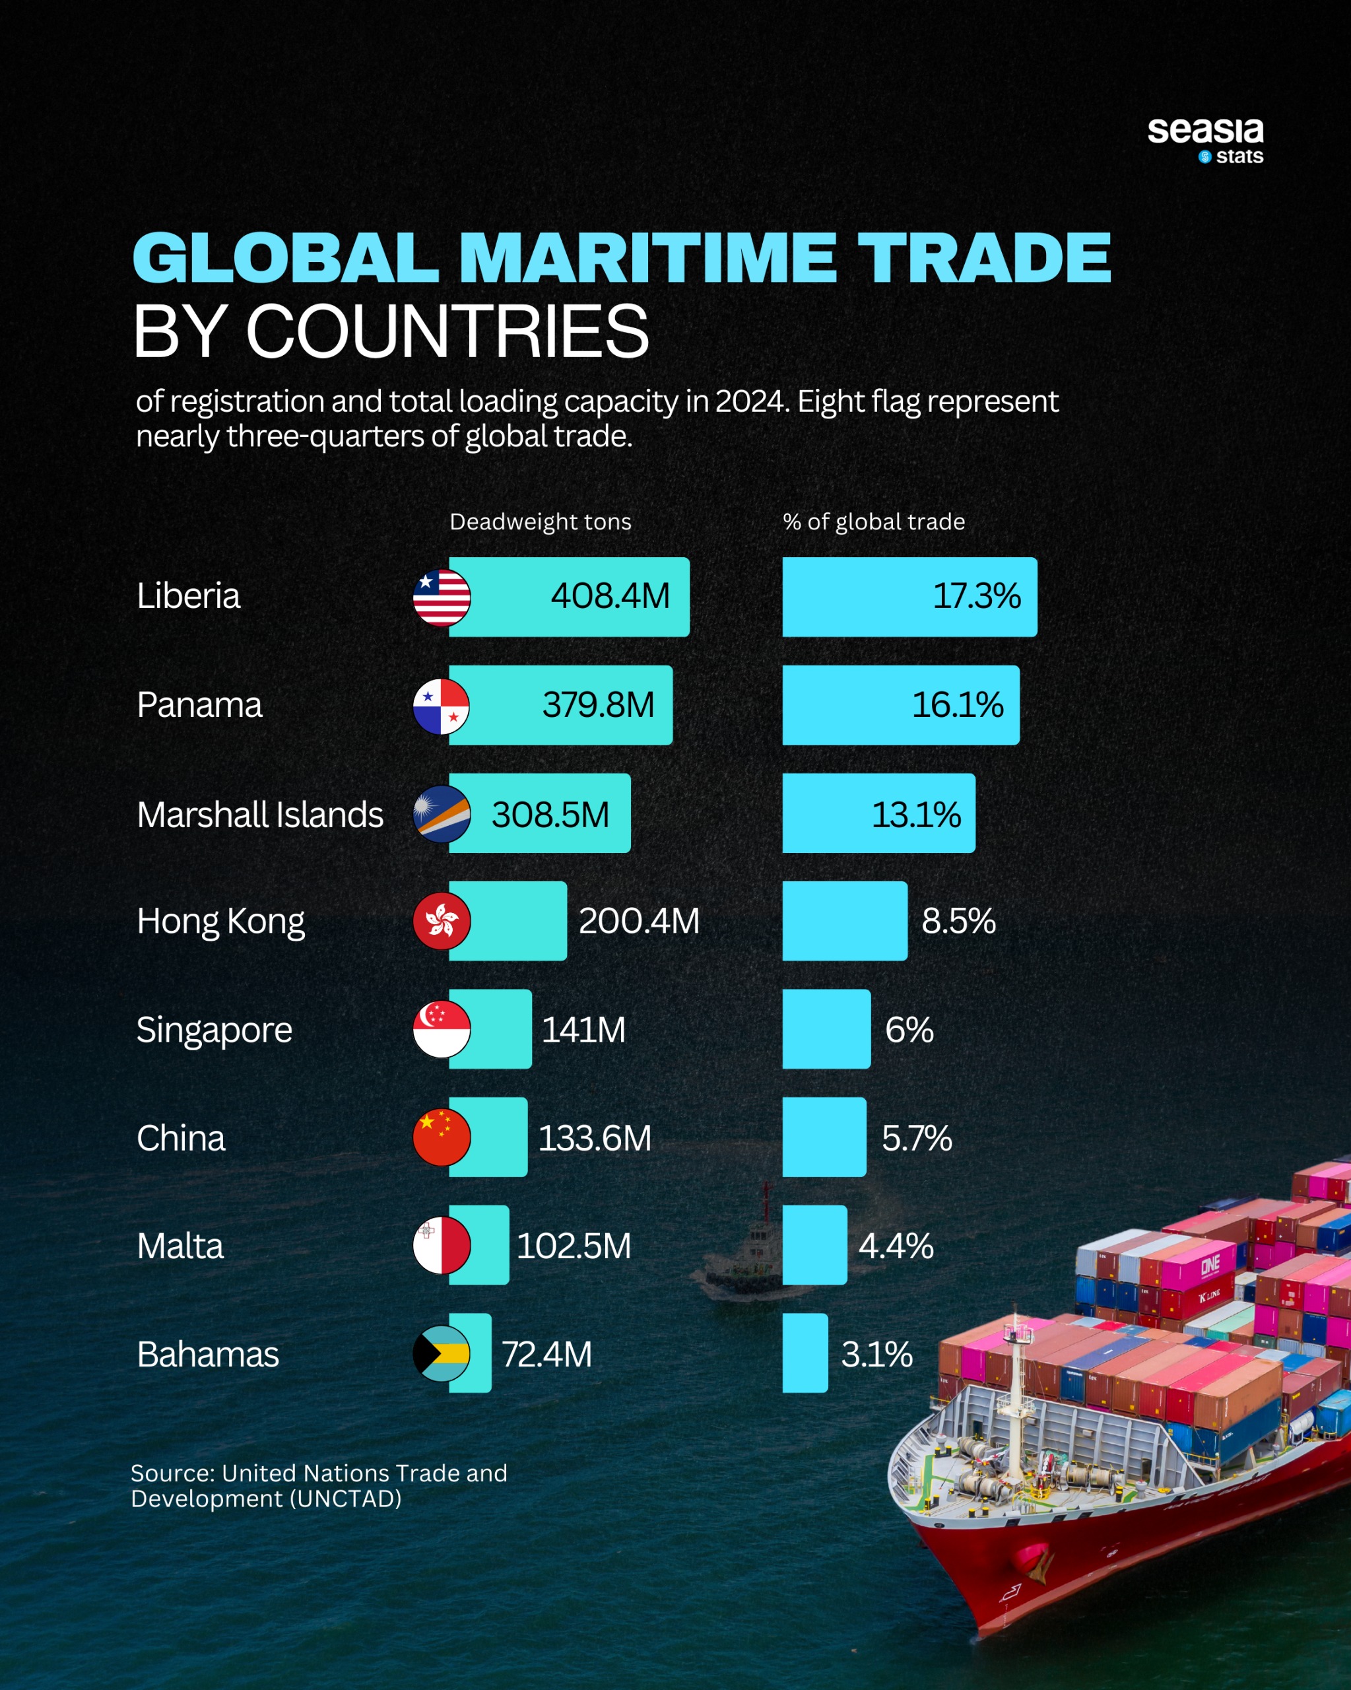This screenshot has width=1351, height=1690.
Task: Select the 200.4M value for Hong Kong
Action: pos(639,921)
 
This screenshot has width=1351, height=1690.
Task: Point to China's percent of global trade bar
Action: pos(824,1137)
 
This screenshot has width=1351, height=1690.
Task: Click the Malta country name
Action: pos(180,1246)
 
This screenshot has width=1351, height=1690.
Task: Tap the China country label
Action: pos(181,1138)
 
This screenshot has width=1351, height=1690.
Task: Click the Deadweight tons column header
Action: pos(540,522)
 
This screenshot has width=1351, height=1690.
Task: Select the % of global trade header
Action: pos(874,522)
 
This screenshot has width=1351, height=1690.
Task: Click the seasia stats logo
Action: pos(1205,139)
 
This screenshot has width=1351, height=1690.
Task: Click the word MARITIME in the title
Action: pos(647,258)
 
